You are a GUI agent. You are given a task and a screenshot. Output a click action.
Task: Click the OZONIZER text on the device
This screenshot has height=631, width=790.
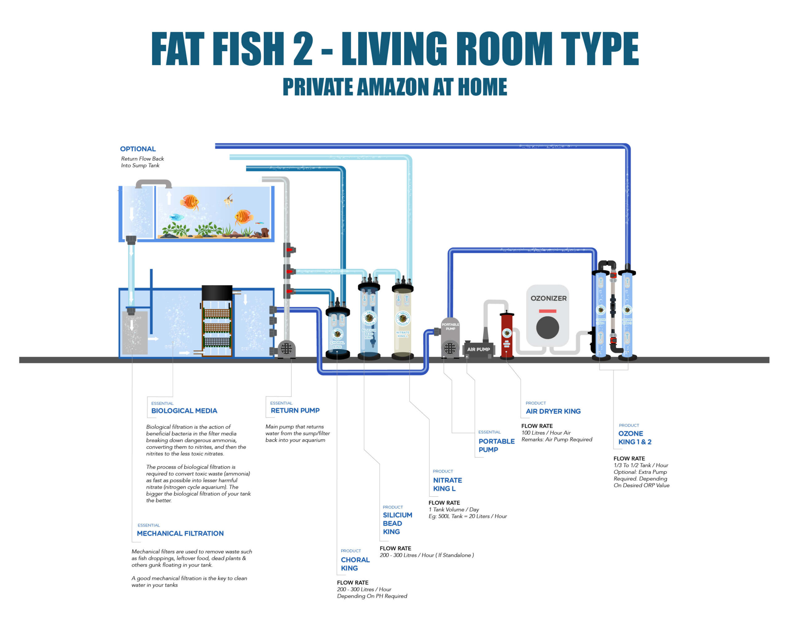548,298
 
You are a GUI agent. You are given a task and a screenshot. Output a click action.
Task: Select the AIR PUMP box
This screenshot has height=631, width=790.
478,349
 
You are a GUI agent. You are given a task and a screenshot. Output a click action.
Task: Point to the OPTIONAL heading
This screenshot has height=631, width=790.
138,149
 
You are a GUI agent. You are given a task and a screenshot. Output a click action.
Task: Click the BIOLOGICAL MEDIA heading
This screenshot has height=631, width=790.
184,411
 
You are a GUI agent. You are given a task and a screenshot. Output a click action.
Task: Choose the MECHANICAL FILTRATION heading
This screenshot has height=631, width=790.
180,533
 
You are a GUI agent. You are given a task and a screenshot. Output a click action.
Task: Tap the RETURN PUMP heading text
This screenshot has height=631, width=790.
295,410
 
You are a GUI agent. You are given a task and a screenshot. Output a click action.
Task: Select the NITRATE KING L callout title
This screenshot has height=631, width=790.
447,484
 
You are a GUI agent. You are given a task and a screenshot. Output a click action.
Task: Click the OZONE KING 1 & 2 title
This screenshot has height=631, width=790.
635,437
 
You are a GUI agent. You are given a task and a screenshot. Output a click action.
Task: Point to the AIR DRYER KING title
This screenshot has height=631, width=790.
553,411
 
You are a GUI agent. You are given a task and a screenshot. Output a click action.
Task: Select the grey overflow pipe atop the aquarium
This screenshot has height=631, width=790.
154,182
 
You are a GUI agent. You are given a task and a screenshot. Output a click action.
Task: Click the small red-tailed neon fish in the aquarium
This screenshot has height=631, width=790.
260,223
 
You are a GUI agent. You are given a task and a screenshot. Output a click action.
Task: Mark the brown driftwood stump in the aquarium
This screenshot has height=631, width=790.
264,232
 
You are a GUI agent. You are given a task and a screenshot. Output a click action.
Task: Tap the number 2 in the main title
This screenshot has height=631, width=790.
303,48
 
